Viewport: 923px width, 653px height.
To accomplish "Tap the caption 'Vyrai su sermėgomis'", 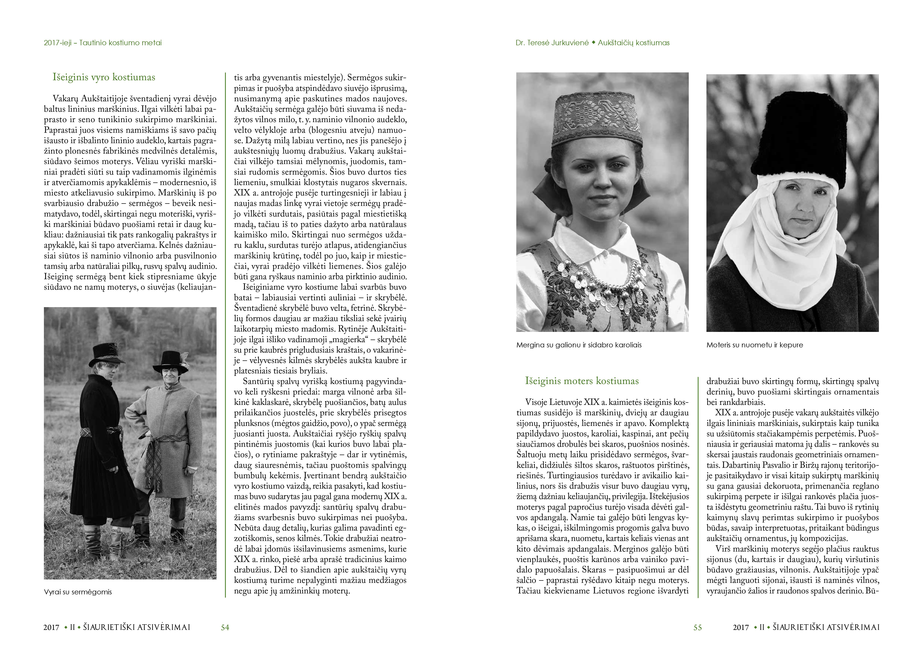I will [78, 592].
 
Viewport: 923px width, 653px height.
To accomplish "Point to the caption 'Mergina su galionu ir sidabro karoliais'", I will [579, 345].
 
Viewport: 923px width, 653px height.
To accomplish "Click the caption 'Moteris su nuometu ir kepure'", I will [755, 345].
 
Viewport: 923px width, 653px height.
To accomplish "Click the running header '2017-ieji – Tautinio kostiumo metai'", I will [103, 43].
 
